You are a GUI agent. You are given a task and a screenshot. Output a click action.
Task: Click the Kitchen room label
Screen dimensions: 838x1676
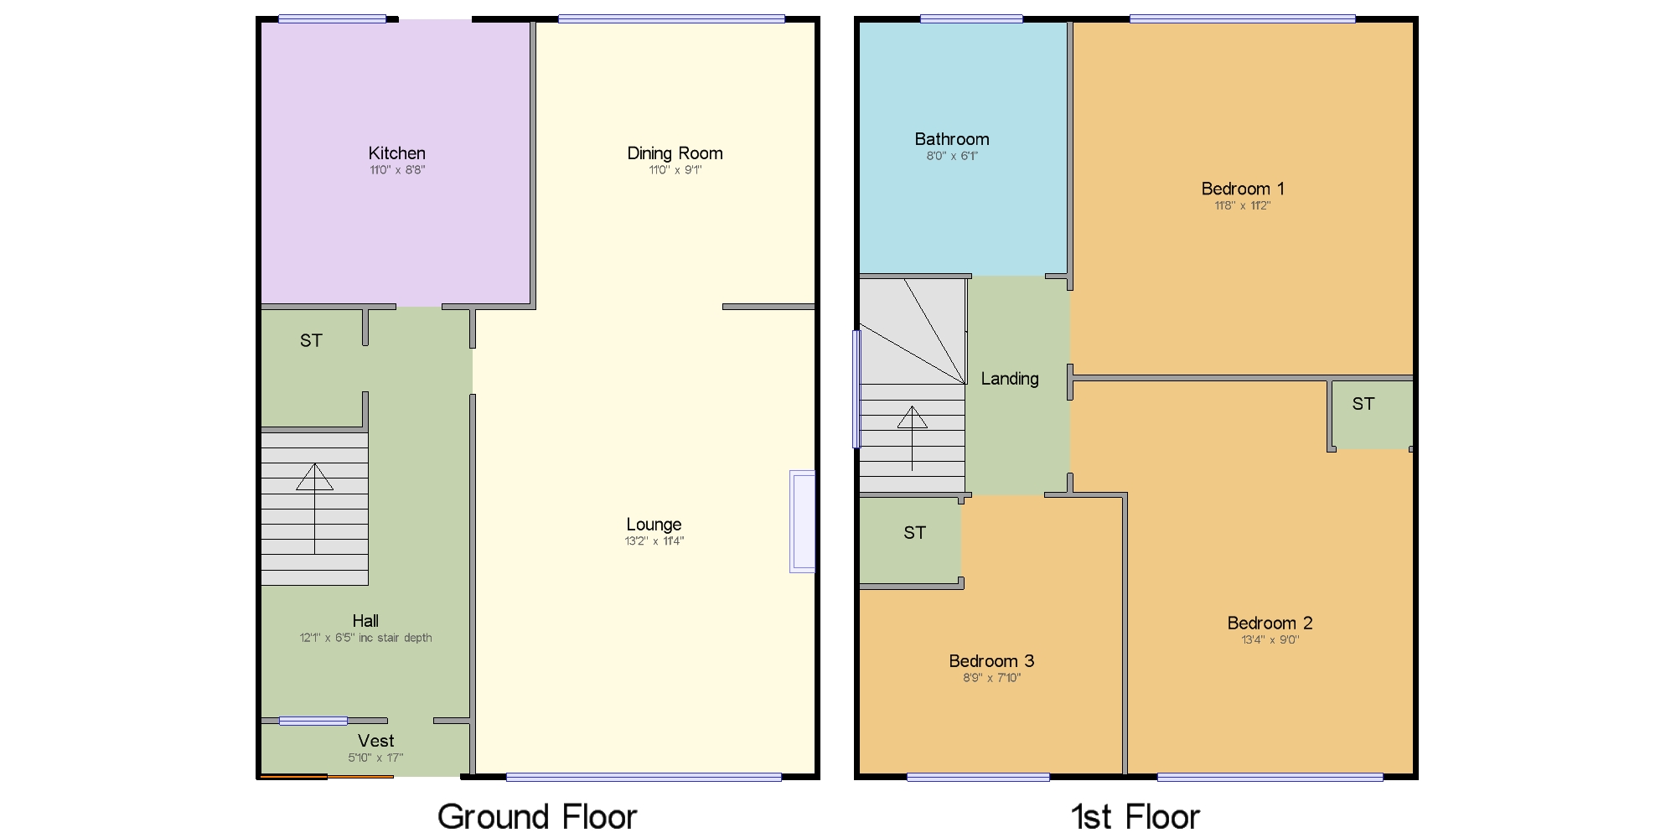396,153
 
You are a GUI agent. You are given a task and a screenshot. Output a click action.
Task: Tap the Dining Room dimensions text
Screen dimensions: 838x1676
675,170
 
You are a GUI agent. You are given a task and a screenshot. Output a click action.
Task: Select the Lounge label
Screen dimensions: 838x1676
654,525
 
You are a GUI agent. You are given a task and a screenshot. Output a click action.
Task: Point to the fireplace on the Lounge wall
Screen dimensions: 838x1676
802,521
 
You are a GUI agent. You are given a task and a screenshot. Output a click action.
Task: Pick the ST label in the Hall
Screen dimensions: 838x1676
311,340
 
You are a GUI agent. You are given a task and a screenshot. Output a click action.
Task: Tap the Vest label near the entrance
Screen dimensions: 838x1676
375,741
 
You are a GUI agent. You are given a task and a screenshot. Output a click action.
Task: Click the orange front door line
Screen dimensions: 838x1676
327,777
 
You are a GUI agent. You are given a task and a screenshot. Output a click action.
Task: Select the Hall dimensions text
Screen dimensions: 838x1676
365,638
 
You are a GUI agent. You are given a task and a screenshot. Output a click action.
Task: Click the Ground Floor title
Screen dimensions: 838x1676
537,816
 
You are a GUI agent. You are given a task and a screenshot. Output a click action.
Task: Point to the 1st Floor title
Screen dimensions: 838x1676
1135,816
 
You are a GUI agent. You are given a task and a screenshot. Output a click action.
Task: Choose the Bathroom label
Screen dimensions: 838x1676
951,139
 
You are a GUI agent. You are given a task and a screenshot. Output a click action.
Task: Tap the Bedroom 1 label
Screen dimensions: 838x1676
1242,189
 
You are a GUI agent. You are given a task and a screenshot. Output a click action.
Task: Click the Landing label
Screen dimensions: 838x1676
1010,379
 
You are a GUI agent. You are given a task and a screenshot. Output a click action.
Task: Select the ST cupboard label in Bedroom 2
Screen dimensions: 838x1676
1363,404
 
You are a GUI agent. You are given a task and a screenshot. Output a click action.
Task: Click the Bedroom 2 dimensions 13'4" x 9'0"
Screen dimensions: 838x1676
1270,640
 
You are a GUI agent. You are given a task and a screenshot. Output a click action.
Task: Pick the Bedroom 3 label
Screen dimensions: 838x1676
991,661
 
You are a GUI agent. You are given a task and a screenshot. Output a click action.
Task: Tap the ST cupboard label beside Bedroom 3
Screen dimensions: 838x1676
914,533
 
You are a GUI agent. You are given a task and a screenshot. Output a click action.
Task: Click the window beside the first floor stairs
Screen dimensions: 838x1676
856,389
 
